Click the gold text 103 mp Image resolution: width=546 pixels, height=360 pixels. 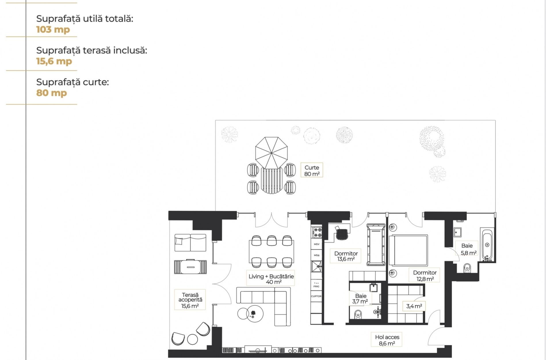click(53, 29)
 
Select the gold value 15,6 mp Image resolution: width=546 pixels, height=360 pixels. click(54, 61)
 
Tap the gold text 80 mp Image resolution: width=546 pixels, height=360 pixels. click(51, 93)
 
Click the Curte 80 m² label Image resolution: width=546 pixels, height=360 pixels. click(312, 170)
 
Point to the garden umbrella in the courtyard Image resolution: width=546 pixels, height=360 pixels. click(271, 153)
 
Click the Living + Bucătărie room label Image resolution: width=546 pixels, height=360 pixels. click(271, 279)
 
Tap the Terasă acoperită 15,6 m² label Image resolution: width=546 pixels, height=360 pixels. click(190, 300)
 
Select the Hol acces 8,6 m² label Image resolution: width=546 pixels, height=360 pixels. click(387, 340)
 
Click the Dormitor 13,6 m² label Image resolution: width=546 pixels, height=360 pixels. click(346, 256)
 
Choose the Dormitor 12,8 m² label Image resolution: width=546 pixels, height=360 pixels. click(425, 275)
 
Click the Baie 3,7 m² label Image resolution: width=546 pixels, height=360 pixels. click(360, 298)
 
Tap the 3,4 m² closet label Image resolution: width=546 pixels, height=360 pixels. click(414, 306)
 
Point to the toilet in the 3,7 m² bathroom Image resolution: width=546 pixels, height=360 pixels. click(358, 314)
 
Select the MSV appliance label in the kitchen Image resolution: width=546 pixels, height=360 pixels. click(316, 244)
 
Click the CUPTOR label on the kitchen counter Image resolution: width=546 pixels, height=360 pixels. click(316, 296)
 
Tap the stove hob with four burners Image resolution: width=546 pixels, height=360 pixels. click(318, 232)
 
